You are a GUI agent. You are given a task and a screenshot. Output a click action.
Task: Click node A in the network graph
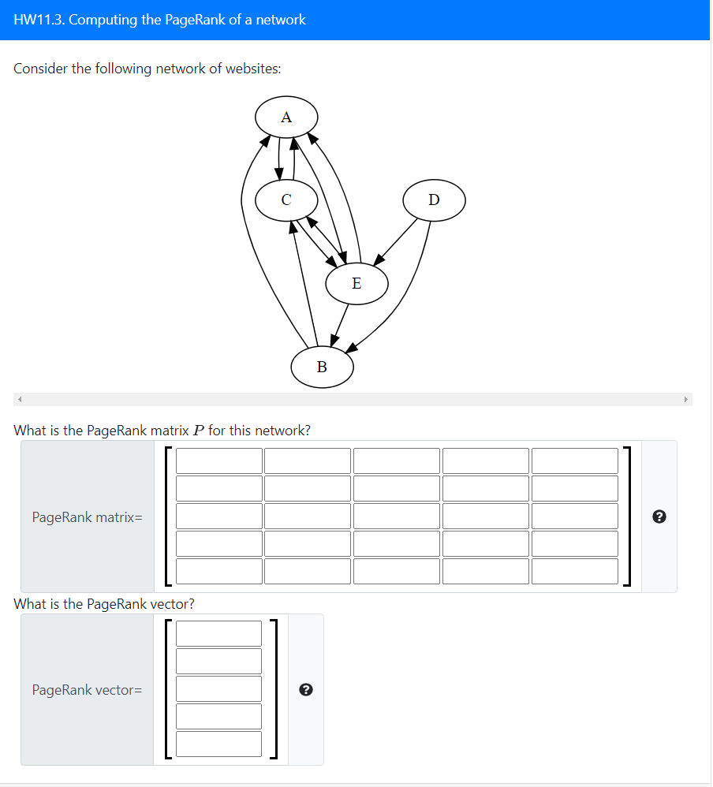286,117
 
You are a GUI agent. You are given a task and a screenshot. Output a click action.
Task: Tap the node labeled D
434,200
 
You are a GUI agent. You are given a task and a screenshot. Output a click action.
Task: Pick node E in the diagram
356,283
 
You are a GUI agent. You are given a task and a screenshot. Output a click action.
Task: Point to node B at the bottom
322,367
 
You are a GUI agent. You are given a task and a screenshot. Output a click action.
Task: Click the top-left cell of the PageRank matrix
218,461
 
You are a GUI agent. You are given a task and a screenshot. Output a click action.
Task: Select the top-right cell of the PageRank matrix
574,461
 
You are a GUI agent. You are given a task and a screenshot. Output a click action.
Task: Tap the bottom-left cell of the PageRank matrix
218,571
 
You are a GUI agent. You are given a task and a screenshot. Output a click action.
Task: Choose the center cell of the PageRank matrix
396,517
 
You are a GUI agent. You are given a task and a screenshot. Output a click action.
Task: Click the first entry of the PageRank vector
218,634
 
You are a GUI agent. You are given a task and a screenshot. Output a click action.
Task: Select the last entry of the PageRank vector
218,744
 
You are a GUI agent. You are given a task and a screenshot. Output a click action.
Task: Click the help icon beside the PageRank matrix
660,517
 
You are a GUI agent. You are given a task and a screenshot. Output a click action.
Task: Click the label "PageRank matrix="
87,517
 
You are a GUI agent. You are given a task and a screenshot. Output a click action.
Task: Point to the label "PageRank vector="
87,690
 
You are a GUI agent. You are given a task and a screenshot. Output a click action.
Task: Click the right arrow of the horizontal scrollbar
686,400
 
